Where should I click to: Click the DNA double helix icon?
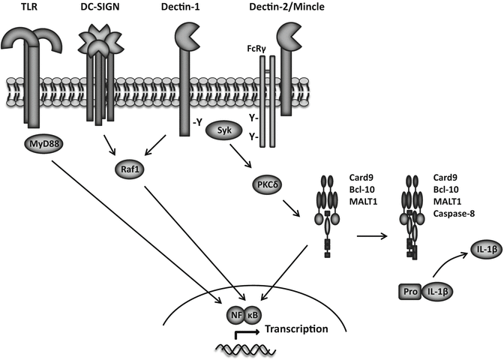(238, 347)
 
